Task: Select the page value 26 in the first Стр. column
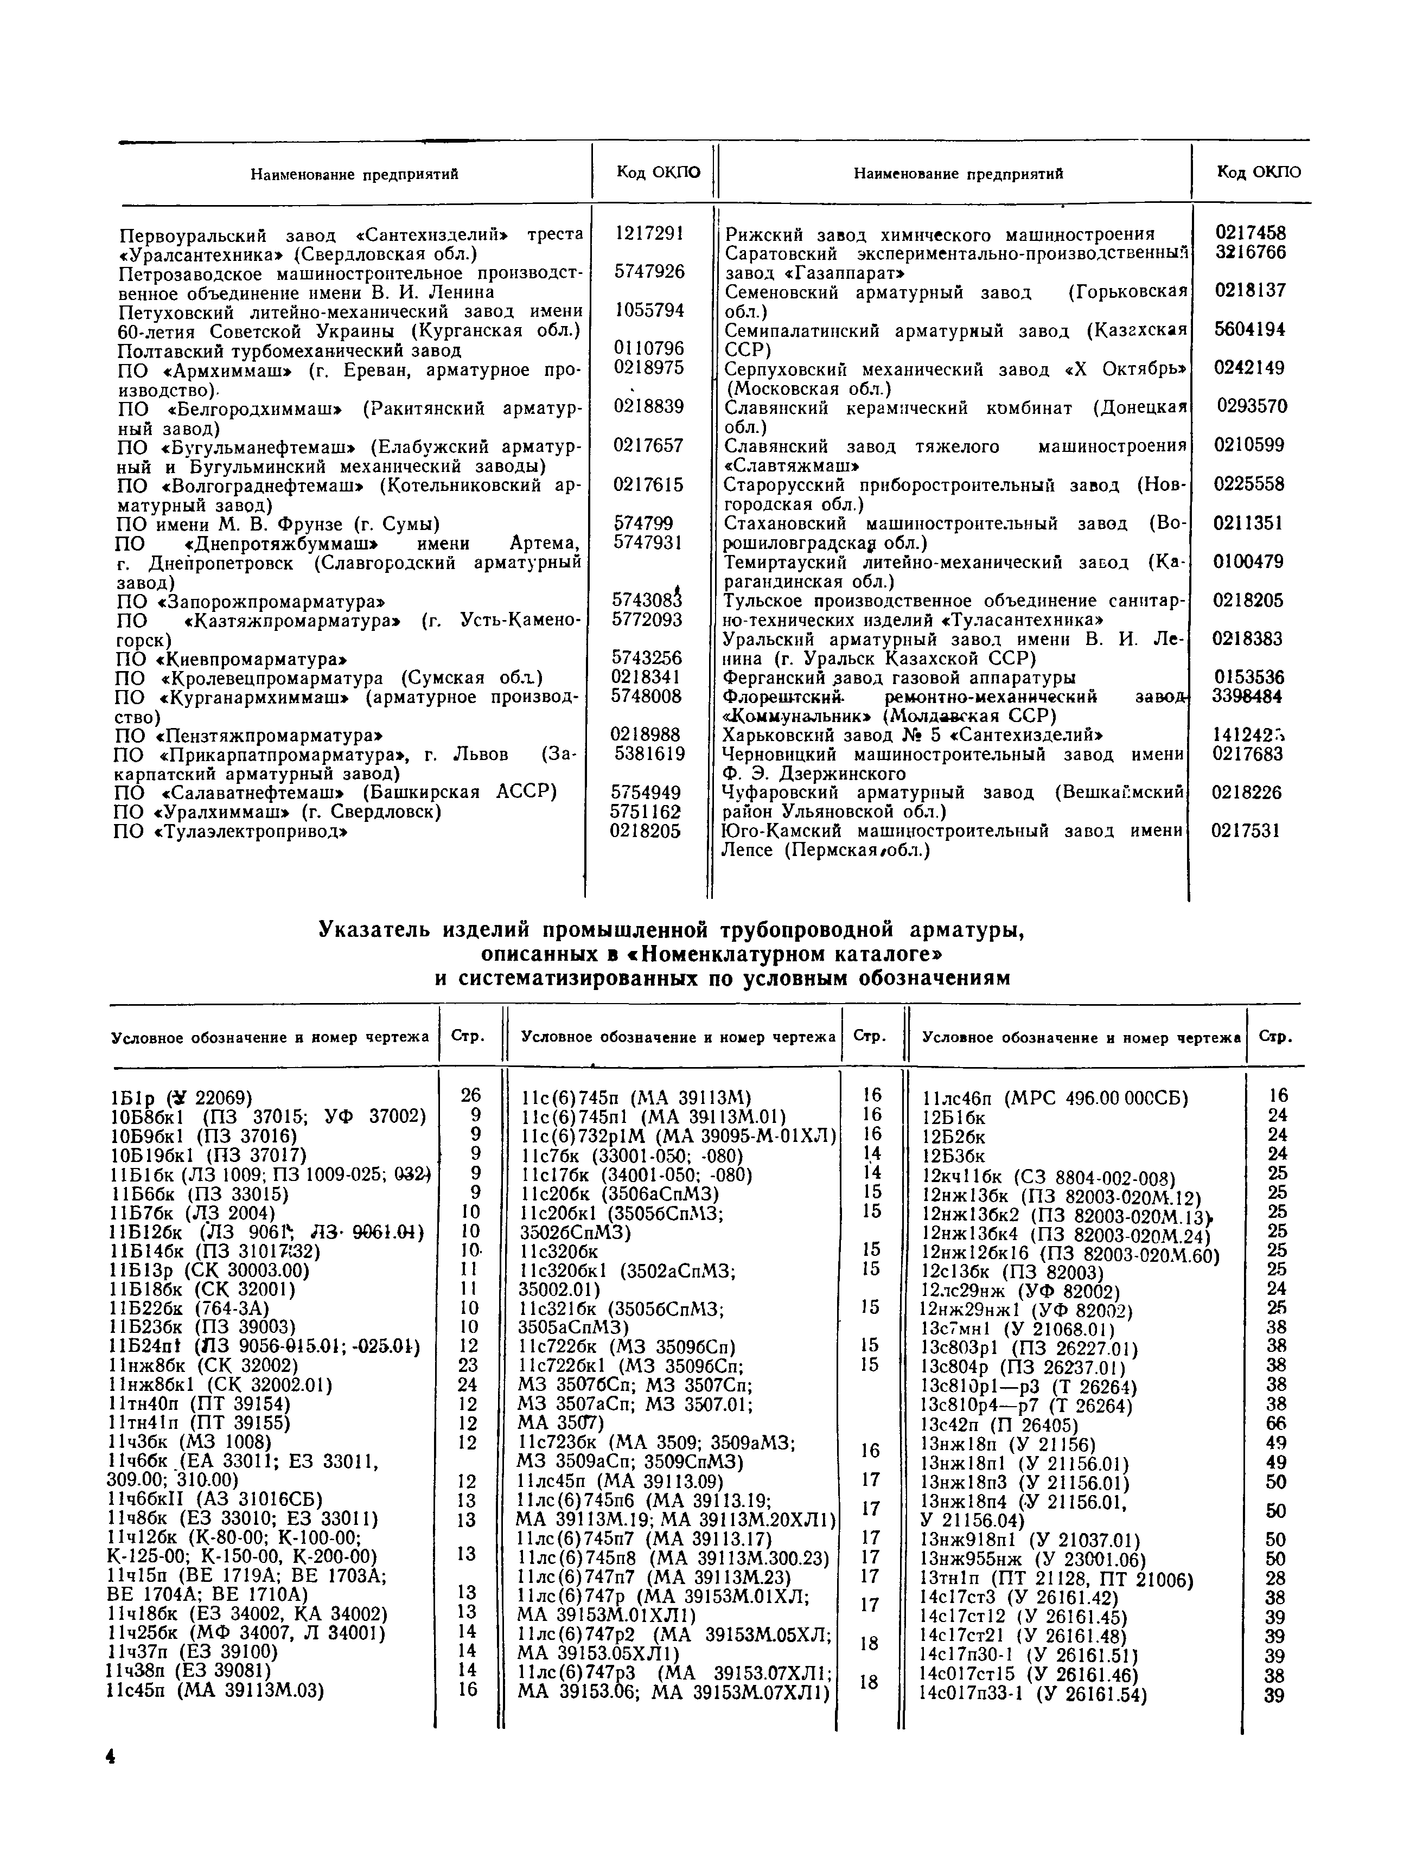pyautogui.click(x=471, y=1095)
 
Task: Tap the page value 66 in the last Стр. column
pyautogui.click(x=1275, y=1423)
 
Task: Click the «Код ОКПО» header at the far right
pyautogui.click(x=1258, y=172)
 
